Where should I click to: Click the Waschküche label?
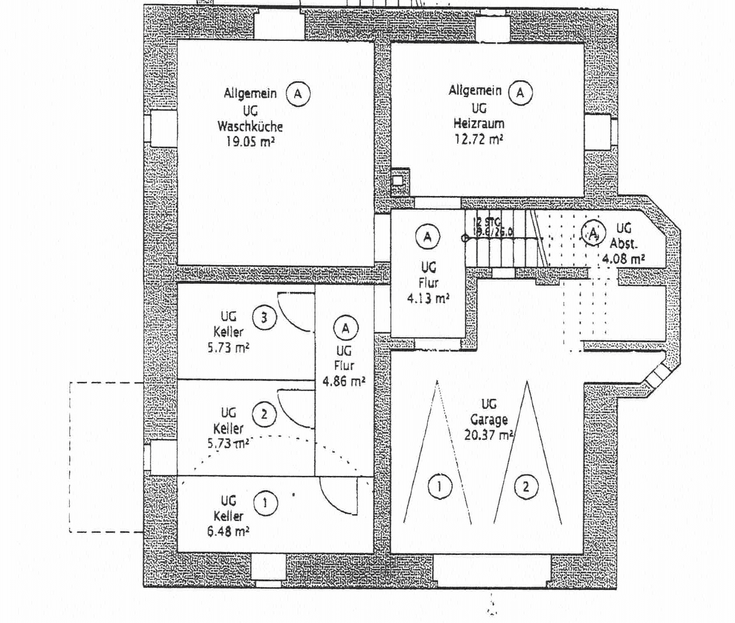coord(250,126)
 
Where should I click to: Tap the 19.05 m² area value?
coord(250,141)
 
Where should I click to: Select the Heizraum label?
coord(478,123)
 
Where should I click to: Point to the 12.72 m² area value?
coord(478,138)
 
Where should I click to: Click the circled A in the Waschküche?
coord(298,93)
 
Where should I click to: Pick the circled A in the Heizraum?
coord(521,92)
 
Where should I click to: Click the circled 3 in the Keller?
coord(264,317)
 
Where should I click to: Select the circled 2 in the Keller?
coord(264,414)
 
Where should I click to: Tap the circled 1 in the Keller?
coord(265,502)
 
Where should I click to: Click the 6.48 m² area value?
coord(228,531)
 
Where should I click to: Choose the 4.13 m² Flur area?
coord(428,298)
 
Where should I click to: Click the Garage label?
coord(488,419)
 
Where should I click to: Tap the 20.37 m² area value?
coord(489,434)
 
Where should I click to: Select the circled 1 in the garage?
coord(439,486)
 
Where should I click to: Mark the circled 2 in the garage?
coord(526,486)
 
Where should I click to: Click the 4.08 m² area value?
coord(623,258)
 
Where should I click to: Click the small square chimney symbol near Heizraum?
coord(398,180)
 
